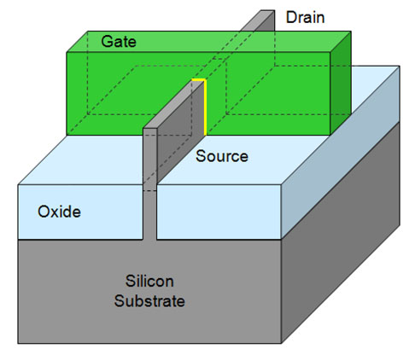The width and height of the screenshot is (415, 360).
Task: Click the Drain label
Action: (305, 17)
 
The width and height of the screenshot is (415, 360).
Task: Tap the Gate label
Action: (119, 42)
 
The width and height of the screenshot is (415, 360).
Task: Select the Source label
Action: (222, 156)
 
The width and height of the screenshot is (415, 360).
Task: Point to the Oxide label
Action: (59, 212)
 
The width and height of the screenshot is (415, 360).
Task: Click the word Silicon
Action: (149, 282)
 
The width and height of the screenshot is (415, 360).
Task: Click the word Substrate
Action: (149, 301)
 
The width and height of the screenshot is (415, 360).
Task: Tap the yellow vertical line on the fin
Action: (205, 107)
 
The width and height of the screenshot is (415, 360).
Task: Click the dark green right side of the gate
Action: (341, 83)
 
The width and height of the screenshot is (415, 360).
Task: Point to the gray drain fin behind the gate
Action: (259, 20)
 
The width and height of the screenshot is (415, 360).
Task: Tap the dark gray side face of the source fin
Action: (180, 130)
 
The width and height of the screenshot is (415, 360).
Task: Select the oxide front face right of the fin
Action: (219, 212)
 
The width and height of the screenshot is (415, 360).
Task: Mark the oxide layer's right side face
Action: (341, 152)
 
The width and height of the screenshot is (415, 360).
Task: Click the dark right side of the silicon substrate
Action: (341, 233)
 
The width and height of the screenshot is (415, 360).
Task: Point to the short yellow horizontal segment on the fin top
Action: (198, 79)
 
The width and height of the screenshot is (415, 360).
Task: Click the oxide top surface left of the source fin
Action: (83, 160)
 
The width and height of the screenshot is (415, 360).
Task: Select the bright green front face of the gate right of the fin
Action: (267, 94)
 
